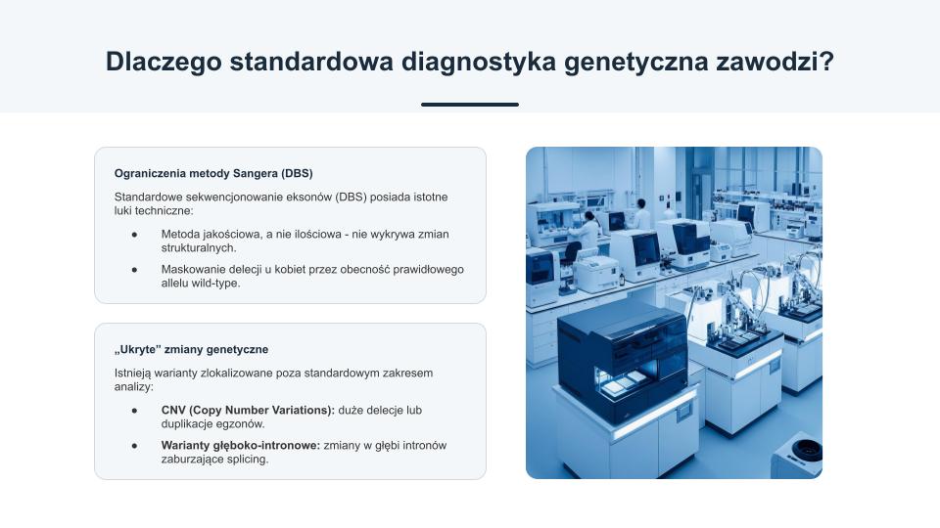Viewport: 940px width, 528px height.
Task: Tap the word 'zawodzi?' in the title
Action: (x=775, y=62)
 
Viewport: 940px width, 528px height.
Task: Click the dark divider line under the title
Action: (x=470, y=105)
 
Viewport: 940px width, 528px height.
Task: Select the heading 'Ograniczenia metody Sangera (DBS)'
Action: (x=213, y=174)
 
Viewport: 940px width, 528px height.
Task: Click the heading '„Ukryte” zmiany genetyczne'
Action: (x=191, y=350)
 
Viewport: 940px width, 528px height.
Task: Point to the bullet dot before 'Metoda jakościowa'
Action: (x=134, y=235)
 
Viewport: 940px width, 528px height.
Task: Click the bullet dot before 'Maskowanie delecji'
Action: (x=134, y=270)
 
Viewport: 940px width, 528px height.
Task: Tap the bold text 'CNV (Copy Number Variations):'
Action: (x=248, y=411)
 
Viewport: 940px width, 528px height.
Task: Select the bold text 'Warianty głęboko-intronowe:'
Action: (x=241, y=446)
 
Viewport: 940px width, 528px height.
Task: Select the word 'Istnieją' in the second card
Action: (x=132, y=373)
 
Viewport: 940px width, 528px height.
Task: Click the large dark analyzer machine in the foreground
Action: (x=623, y=361)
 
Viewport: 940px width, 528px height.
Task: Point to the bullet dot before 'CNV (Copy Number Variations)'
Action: (x=134, y=411)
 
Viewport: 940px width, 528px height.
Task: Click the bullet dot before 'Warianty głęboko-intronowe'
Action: (x=134, y=446)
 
